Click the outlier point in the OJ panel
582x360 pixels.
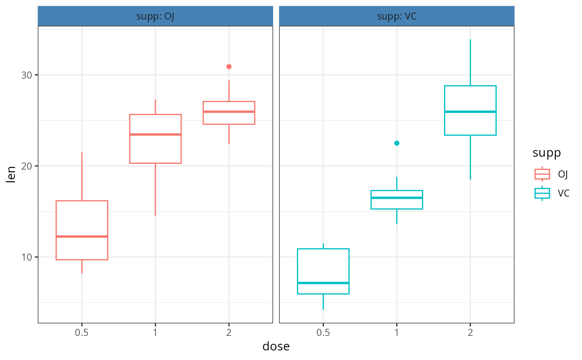click(x=229, y=67)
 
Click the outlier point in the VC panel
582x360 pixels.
click(x=397, y=143)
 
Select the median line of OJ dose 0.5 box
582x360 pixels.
click(x=82, y=237)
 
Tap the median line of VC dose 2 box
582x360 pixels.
click(x=470, y=111)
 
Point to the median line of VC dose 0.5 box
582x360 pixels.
click(x=323, y=283)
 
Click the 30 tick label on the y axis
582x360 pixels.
click(x=27, y=75)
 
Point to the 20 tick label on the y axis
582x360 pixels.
click(x=27, y=166)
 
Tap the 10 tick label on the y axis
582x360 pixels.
click(x=27, y=257)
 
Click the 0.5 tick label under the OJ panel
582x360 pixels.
click(x=81, y=333)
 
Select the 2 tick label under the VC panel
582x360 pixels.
click(x=470, y=333)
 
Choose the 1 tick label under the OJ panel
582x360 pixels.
click(x=155, y=333)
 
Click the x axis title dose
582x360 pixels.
click(x=276, y=346)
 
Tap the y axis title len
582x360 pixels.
click(x=12, y=174)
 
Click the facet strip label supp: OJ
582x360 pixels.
click(x=155, y=17)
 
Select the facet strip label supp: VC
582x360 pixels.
click(x=397, y=17)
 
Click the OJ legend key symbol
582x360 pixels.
click(x=542, y=174)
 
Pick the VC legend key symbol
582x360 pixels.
click(x=542, y=193)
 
